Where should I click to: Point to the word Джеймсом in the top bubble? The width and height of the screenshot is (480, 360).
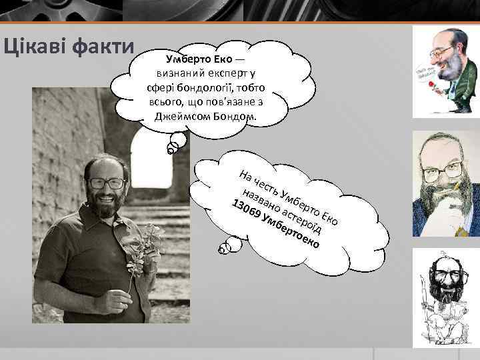(x=181, y=116)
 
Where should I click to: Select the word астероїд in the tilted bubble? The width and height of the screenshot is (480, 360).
(x=303, y=217)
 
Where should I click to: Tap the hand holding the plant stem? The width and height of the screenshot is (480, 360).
(x=114, y=301)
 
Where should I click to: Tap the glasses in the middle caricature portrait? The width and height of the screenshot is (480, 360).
(x=443, y=170)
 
